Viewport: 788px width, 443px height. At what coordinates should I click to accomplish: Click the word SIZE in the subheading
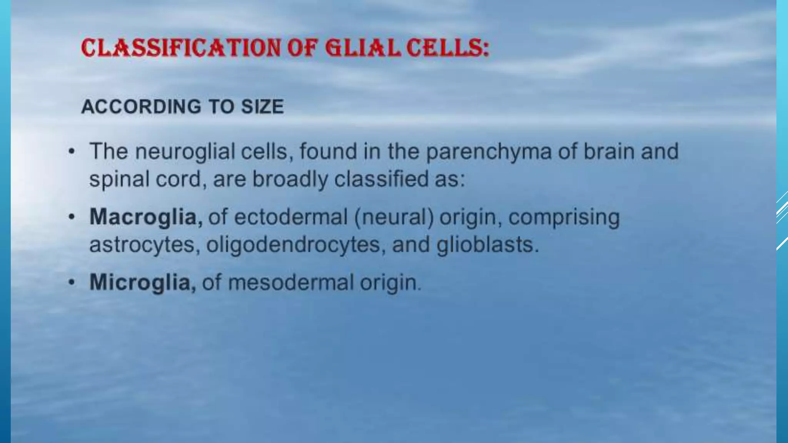pyautogui.click(x=262, y=107)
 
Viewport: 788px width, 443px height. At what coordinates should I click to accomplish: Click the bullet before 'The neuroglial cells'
pyautogui.click(x=71, y=152)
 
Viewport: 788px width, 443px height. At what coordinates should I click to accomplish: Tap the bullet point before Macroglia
pyautogui.click(x=71, y=217)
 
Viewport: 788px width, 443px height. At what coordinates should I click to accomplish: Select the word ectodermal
pyautogui.click(x=290, y=217)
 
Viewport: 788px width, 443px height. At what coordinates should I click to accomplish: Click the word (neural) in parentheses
pyautogui.click(x=393, y=217)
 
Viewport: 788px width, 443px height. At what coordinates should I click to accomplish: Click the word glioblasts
pyautogui.click(x=487, y=245)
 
